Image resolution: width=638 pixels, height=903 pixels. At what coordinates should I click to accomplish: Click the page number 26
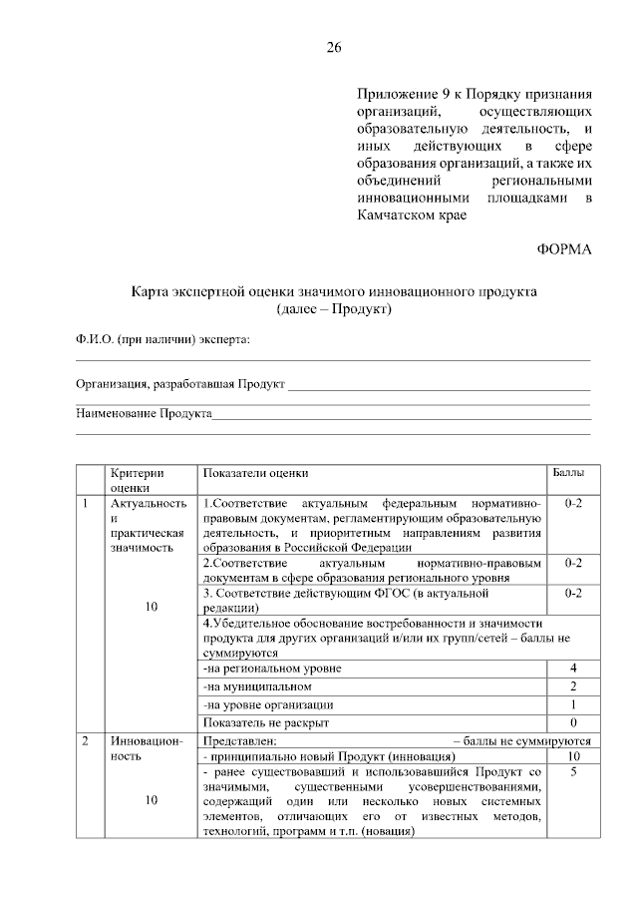click(334, 48)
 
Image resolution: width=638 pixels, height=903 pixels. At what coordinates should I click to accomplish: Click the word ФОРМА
click(565, 249)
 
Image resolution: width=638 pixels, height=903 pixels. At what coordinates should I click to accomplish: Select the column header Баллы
click(568, 472)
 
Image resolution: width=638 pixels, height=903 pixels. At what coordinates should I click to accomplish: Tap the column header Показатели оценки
click(255, 472)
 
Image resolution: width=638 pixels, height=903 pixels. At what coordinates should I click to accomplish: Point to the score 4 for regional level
click(573, 668)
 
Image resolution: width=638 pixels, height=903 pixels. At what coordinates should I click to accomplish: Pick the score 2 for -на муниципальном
click(573, 685)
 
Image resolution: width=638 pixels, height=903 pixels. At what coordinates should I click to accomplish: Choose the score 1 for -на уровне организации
click(573, 703)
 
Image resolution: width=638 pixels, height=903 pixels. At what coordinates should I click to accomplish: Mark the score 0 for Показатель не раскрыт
click(573, 721)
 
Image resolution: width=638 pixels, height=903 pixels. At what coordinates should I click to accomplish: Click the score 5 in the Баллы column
click(573, 772)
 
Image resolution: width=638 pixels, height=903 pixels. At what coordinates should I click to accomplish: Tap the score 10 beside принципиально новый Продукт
click(573, 756)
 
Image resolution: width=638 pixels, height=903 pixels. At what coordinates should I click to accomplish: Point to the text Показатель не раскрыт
click(265, 721)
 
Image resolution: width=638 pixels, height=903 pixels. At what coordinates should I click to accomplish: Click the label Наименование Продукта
click(145, 413)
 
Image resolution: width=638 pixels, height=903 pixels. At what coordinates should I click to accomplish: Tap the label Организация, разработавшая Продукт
click(180, 383)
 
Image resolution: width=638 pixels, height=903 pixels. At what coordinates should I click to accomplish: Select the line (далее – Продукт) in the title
click(335, 308)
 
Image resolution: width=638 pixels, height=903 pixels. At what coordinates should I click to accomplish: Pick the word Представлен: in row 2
click(238, 740)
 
